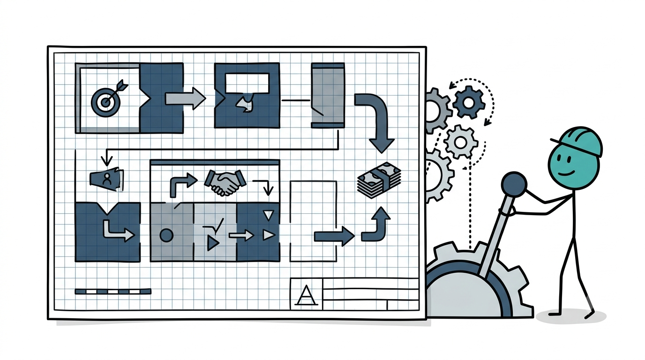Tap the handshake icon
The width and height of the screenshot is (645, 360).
(225, 182)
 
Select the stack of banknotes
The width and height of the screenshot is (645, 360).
(379, 180)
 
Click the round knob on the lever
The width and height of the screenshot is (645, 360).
(514, 185)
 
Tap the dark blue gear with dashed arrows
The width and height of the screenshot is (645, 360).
(468, 102)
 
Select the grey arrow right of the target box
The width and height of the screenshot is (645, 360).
(185, 98)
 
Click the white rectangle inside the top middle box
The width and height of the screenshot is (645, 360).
(247, 83)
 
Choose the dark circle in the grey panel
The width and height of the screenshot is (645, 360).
(166, 235)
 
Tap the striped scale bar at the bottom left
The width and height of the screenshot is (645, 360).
(113, 292)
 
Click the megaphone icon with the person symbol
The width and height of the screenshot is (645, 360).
(107, 179)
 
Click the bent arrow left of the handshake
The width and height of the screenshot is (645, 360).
(182, 185)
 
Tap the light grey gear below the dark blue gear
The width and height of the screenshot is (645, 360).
(461, 142)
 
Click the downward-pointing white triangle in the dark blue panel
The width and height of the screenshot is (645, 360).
(269, 215)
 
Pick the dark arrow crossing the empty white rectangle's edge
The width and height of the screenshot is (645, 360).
(334, 236)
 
